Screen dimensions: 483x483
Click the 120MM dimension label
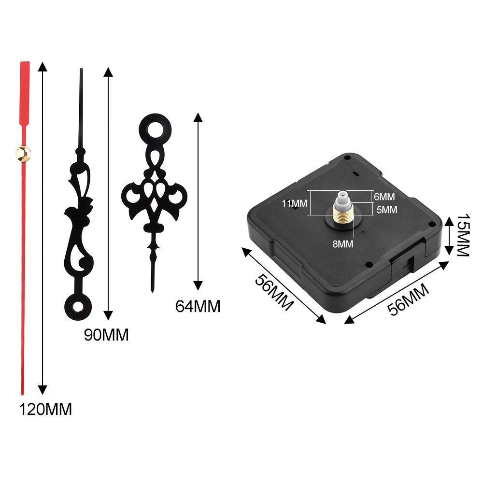coord(45,410)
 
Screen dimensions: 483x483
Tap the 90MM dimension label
coord(106,335)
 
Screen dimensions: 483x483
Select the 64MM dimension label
coord(198,307)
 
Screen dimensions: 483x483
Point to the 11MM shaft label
coord(295,203)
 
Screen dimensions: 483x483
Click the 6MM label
coord(384,197)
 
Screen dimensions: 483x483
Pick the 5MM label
coord(387,210)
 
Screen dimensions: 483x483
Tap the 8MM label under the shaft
coord(343,244)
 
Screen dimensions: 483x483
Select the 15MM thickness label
coord(463,235)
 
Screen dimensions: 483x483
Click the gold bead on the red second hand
coord(23,154)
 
